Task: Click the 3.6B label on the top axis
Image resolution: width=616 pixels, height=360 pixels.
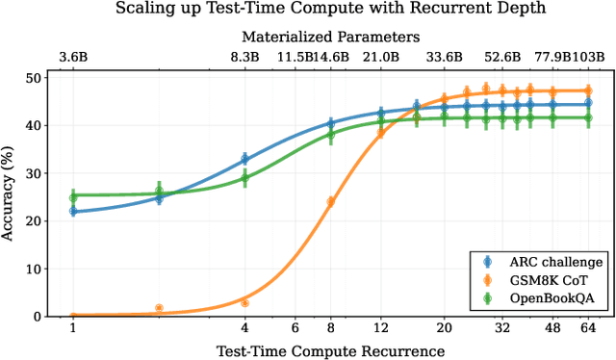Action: point(73,58)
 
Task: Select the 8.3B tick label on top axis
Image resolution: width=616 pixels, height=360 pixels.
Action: point(244,58)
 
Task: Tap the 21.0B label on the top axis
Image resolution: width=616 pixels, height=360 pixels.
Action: point(381,58)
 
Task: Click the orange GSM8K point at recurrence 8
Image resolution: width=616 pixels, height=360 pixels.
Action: point(330,201)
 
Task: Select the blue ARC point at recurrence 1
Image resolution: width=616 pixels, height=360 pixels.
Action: point(73,211)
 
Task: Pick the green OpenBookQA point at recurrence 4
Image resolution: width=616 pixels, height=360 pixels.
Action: point(244,177)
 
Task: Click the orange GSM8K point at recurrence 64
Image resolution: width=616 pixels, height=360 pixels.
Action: point(587,90)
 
